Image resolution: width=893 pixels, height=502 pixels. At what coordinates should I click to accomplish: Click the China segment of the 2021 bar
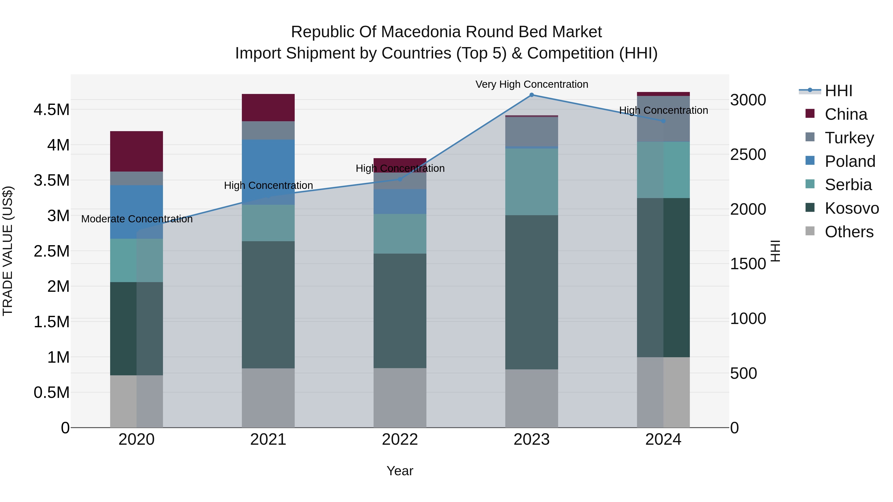(268, 107)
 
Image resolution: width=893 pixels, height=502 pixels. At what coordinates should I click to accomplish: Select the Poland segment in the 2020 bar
(136, 212)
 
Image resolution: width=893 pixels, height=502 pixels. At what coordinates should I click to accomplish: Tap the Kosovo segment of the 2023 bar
(531, 292)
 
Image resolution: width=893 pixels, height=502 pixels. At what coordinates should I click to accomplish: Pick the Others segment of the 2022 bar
(400, 397)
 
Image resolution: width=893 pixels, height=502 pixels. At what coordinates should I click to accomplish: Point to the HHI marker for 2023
(531, 95)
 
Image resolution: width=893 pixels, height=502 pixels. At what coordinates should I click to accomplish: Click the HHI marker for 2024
(663, 121)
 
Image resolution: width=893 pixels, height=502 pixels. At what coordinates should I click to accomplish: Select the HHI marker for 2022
(400, 179)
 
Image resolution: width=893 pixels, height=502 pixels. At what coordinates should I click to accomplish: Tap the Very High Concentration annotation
(531, 84)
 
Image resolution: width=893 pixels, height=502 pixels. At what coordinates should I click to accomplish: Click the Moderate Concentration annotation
(137, 219)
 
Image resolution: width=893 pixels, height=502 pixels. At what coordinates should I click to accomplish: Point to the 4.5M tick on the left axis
(51, 110)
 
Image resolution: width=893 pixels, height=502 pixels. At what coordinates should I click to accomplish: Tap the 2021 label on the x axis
(268, 440)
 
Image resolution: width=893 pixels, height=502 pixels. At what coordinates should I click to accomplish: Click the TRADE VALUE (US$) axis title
(8, 251)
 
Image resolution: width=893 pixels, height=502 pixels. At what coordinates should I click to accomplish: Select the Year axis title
(400, 471)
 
